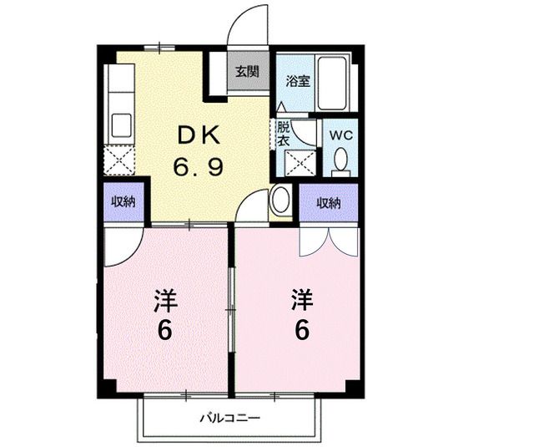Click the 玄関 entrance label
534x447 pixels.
pyautogui.click(x=245, y=71)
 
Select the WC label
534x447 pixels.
pyautogui.click(x=340, y=135)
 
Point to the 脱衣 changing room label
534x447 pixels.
pyautogui.click(x=284, y=135)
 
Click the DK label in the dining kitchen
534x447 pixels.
pyautogui.click(x=198, y=136)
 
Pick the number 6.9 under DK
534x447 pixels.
pyautogui.click(x=198, y=167)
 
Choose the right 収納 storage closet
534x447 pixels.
pyautogui.click(x=329, y=203)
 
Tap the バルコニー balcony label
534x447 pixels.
pyautogui.click(x=229, y=416)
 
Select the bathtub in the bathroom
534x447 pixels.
pyautogui.click(x=335, y=84)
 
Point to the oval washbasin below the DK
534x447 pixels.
pyautogui.click(x=280, y=201)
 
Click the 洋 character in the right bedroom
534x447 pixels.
pyautogui.click(x=301, y=298)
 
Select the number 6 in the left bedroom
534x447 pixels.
pyautogui.click(x=164, y=331)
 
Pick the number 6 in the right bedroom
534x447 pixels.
pyautogui.click(x=301, y=330)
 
